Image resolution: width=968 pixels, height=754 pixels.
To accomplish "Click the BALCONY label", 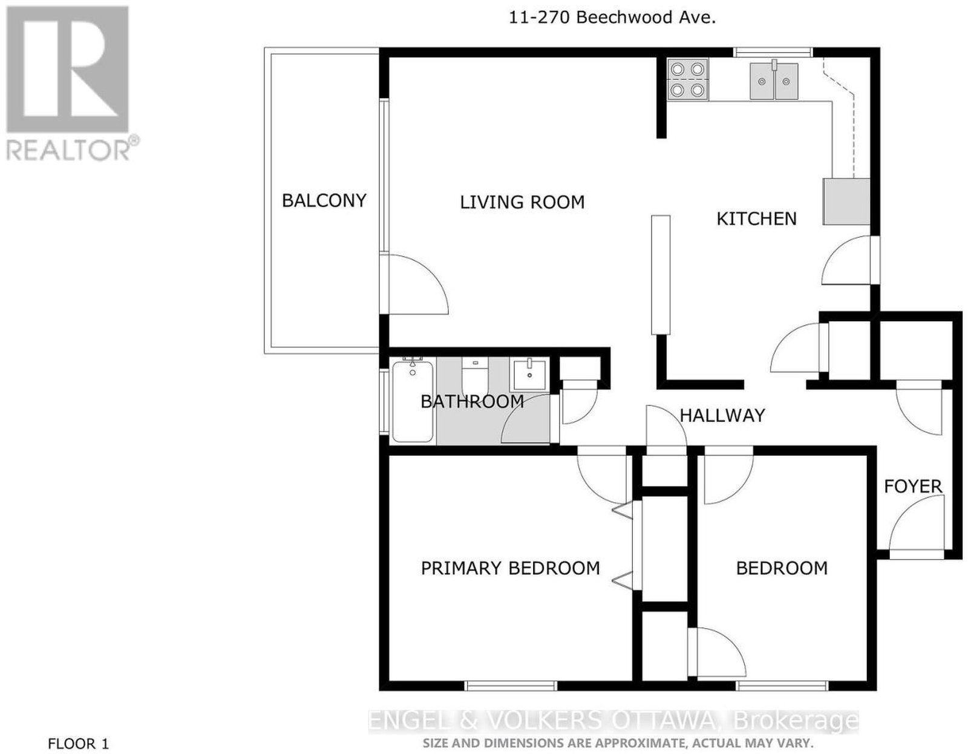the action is [324, 200].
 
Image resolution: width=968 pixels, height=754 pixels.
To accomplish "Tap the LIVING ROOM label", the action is [522, 202].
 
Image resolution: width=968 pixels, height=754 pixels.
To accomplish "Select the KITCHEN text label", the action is [756, 218].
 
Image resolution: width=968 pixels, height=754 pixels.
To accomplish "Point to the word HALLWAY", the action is [722, 416].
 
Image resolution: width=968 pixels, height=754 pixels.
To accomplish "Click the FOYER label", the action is [913, 487].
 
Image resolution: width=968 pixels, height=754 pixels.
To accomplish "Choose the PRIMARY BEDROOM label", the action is [510, 568].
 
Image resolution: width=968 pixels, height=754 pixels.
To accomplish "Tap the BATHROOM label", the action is [472, 402].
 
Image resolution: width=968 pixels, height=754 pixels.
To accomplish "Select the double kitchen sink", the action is [774, 80].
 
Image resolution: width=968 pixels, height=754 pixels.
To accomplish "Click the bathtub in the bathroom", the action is [413, 401].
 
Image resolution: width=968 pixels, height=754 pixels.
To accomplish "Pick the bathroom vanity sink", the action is [529, 375].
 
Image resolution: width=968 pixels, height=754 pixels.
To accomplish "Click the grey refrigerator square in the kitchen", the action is [846, 202].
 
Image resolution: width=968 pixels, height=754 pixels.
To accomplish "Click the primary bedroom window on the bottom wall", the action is [511, 686].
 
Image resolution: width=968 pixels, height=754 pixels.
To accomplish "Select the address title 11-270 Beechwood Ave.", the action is [612, 18].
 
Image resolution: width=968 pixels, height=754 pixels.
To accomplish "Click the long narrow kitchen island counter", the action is [661, 275].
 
